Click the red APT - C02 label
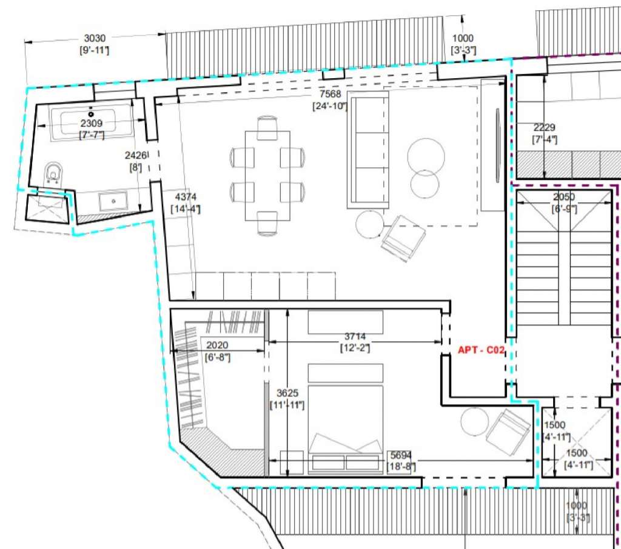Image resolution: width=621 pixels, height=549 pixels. (x=481, y=350)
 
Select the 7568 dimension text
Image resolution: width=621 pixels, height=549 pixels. (x=331, y=95)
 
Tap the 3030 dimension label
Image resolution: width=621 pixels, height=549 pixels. (x=95, y=39)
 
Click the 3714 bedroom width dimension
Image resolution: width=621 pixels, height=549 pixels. (x=355, y=336)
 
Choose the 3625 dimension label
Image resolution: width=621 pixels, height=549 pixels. (x=287, y=393)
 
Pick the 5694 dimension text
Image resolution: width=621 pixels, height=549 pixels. (x=401, y=454)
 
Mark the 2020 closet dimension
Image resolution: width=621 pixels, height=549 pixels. (x=217, y=345)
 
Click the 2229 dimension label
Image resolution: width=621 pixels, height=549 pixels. (x=544, y=128)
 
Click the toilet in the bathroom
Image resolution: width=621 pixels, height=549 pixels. (x=54, y=173)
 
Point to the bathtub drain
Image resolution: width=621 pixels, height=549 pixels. (x=92, y=113)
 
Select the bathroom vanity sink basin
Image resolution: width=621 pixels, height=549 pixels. (x=113, y=200)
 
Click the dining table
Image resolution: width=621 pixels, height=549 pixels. (x=267, y=176)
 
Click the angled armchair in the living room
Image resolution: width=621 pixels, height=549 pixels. (x=403, y=238)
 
